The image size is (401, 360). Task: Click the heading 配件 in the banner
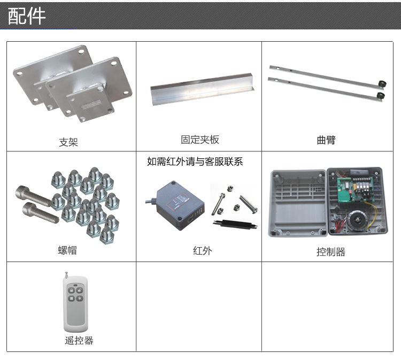(x=27, y=16)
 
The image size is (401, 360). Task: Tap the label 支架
(x=68, y=142)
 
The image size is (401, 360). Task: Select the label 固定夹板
(x=200, y=140)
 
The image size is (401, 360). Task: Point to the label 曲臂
(x=326, y=140)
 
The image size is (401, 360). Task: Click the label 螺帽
(x=67, y=250)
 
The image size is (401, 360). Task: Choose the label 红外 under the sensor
(x=202, y=251)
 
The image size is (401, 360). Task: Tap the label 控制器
(x=330, y=252)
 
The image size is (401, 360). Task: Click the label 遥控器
(x=79, y=341)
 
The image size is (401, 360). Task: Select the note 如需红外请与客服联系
(x=195, y=162)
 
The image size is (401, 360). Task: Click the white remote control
(x=75, y=303)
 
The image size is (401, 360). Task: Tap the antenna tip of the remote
(x=66, y=273)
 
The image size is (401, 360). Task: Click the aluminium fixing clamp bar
(x=203, y=89)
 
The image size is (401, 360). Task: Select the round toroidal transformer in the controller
(x=358, y=221)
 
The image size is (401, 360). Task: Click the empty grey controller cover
(x=297, y=203)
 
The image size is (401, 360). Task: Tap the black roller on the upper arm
(x=382, y=84)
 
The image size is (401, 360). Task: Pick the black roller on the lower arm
(x=381, y=96)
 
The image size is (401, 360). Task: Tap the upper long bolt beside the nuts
(x=33, y=196)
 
